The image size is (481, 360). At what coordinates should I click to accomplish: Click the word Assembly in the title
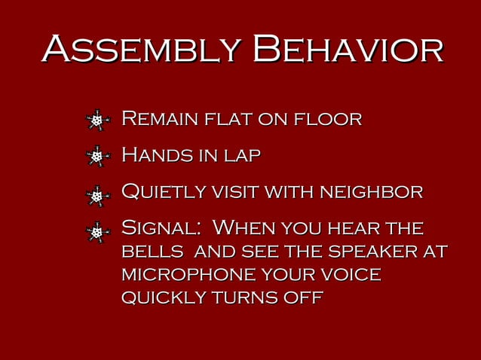pos(142,50)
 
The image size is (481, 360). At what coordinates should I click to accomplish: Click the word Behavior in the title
pos(348,50)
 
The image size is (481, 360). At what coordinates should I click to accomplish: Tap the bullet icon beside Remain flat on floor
pos(98,120)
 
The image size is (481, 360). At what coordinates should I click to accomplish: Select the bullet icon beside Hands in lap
pos(98,157)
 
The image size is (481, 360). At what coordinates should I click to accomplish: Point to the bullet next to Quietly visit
pos(98,196)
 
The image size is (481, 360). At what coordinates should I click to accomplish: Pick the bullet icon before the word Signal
pos(98,232)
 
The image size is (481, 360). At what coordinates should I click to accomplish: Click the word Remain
pos(156,119)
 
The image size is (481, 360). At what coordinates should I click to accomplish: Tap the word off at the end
pos(302,297)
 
